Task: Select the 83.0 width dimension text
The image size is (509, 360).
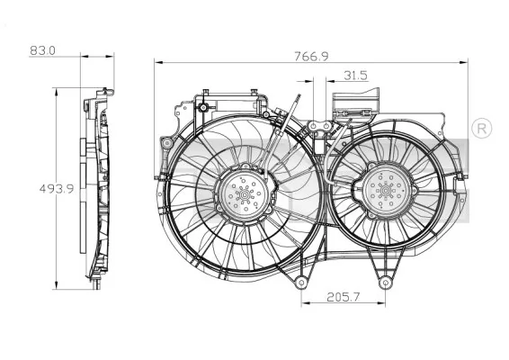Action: tap(42, 51)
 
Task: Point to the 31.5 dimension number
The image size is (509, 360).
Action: tap(355, 76)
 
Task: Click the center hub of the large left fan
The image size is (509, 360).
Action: tap(242, 193)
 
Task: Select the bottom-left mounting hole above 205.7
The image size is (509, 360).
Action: tap(300, 283)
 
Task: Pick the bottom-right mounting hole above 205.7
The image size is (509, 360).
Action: tap(387, 283)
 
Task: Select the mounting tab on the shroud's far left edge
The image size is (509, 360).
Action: tap(164, 144)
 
